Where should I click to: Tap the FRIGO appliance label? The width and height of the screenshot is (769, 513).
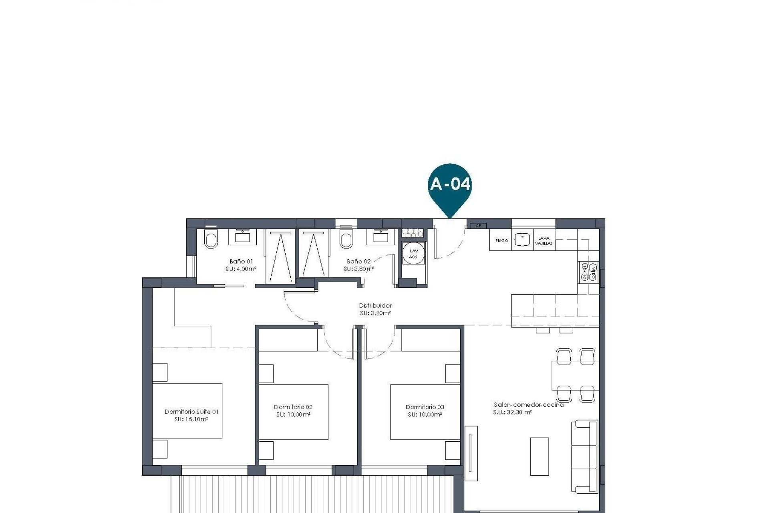(x=501, y=241)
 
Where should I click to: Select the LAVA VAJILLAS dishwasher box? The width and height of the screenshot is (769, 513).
(x=544, y=241)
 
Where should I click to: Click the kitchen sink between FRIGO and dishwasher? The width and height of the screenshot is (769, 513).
(x=522, y=240)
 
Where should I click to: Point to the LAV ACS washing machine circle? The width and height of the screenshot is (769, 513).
(x=413, y=254)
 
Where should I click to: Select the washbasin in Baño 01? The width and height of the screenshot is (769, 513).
(x=242, y=237)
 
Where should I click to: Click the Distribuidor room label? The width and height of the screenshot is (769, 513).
(x=375, y=305)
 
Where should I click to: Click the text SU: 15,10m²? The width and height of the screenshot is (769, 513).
(x=191, y=419)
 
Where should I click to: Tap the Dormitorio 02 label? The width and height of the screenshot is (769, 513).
(x=293, y=407)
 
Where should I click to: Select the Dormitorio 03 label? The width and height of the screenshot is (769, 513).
(x=425, y=407)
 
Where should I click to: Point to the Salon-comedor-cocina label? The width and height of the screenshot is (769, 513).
(x=528, y=404)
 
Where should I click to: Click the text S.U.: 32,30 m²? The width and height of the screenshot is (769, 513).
(x=512, y=412)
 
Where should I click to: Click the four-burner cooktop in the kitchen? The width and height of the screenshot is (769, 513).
(x=589, y=272)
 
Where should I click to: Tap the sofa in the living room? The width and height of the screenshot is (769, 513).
(x=584, y=456)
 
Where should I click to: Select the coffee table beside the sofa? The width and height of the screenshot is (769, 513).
(x=539, y=456)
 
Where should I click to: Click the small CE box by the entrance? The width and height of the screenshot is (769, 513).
(x=478, y=226)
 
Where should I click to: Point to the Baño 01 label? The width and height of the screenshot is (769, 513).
(x=241, y=261)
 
